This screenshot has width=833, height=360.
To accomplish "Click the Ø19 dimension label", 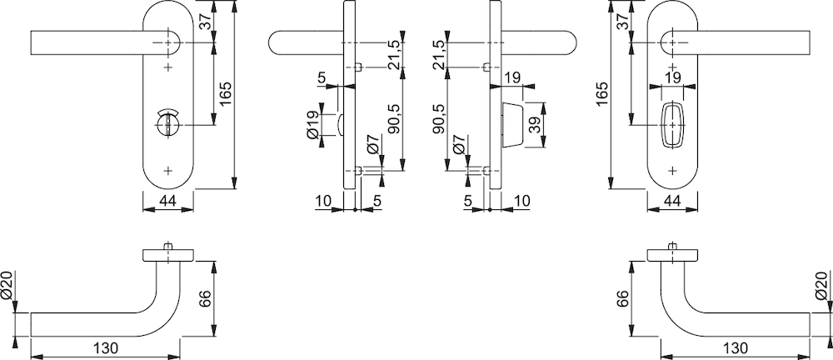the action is (x=313, y=124).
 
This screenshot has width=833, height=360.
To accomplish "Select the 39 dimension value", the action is (x=535, y=124).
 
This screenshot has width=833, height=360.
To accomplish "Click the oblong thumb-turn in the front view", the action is (x=672, y=124).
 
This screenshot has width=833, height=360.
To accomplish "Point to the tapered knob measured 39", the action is (x=512, y=124).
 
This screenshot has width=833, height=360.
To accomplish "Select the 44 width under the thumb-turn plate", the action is (x=672, y=201).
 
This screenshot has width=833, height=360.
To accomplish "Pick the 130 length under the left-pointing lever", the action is (x=107, y=349).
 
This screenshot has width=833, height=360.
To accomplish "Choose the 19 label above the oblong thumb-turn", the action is (x=672, y=77).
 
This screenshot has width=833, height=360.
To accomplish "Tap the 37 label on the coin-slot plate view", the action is (x=207, y=21).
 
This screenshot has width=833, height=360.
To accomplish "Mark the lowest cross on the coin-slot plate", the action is (x=168, y=171).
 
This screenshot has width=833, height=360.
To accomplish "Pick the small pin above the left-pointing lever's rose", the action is (x=168, y=247).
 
